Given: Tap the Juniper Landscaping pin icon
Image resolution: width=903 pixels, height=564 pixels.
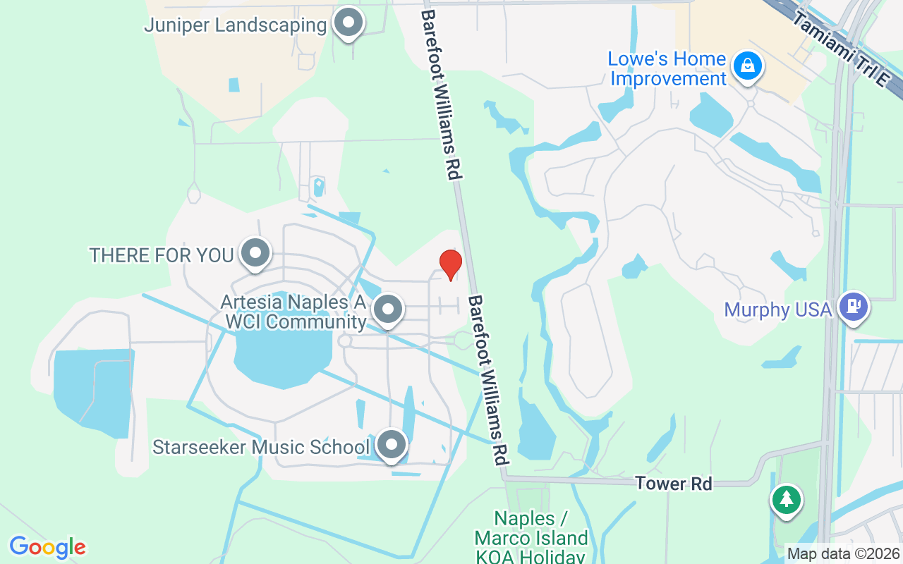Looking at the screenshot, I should coord(347,23).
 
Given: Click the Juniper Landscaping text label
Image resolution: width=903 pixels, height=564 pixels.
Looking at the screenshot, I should coord(236,25).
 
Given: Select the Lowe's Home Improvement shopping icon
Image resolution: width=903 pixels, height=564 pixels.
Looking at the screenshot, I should coord(746,67).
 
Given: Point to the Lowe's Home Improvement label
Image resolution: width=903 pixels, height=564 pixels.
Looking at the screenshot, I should coord(667,68).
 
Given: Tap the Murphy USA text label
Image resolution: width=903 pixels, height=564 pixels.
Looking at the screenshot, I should coord(778,309).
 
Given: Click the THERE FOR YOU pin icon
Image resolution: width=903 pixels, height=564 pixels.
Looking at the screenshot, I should coord(255,253).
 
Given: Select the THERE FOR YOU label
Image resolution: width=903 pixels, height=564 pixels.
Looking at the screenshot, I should coord(162,255).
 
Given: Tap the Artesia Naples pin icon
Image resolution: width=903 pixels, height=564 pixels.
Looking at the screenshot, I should coord(387,309).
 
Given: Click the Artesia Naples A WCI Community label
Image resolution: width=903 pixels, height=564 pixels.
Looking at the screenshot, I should coord(293,312).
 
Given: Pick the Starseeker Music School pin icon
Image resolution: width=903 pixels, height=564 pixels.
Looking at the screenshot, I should coord(392,445).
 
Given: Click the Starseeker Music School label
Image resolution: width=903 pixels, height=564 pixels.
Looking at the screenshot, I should coord(261,447).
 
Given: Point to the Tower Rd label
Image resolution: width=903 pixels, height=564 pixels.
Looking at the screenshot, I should coord(673,484).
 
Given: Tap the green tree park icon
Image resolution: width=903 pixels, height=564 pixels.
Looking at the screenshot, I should coord(785,500).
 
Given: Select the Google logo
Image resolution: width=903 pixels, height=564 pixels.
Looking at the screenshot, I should coord(48,547).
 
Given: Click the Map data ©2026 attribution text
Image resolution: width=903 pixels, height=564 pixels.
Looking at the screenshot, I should coord(844,553).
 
